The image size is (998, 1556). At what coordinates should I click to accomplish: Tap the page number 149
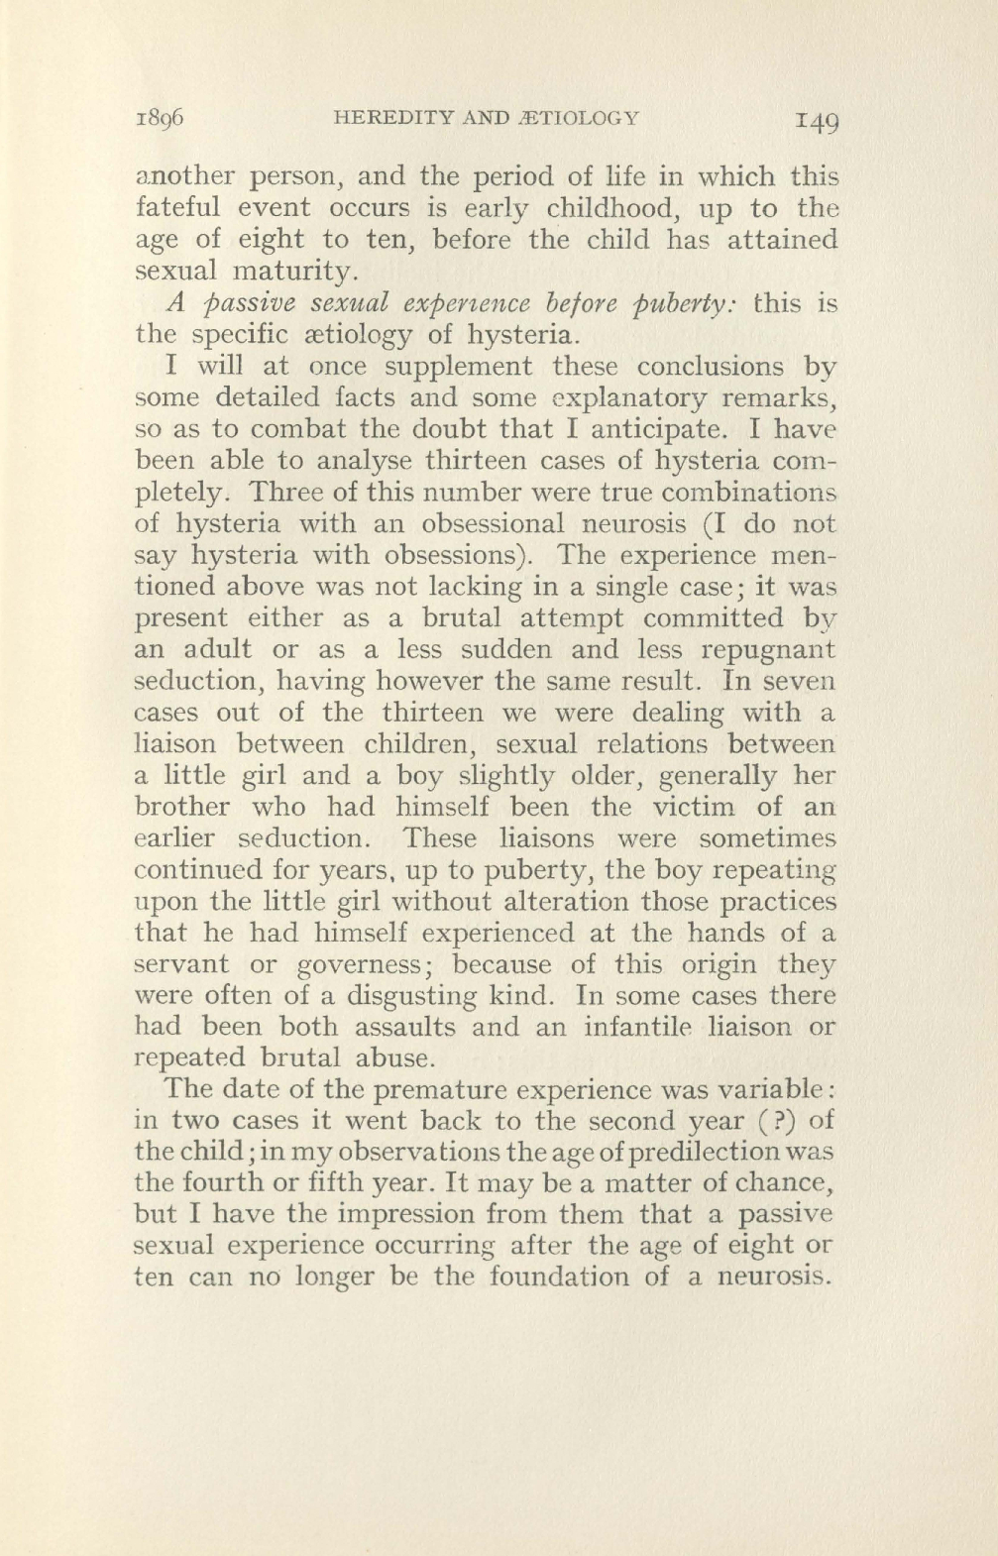click(x=815, y=120)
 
